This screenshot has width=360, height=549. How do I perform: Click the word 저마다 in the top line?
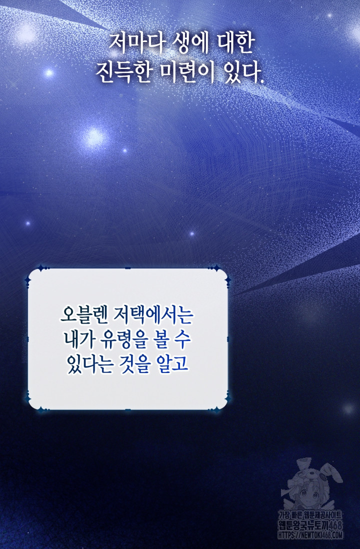[x=136, y=43]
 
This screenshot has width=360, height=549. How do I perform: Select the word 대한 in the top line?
[x=234, y=43]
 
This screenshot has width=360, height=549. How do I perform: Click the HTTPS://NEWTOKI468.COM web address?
[x=310, y=535]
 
